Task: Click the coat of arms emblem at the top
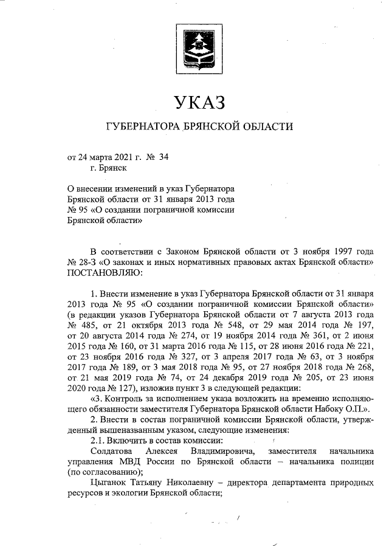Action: pyautogui.click(x=199, y=45)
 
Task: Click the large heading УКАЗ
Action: pyautogui.click(x=199, y=102)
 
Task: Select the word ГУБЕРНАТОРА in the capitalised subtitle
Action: pyautogui.click(x=143, y=127)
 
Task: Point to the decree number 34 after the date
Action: pyautogui.click(x=163, y=157)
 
